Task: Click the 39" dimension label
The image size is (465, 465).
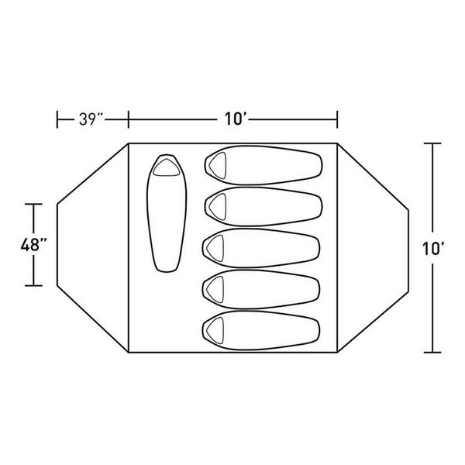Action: pyautogui.click(x=91, y=119)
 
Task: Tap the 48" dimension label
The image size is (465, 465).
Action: pyautogui.click(x=34, y=245)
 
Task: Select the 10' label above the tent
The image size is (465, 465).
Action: pyautogui.click(x=236, y=119)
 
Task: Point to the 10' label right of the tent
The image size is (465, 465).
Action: pyautogui.click(x=433, y=248)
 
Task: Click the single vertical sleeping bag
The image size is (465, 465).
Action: pyautogui.click(x=167, y=213)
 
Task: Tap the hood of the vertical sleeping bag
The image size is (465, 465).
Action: pyautogui.click(x=167, y=167)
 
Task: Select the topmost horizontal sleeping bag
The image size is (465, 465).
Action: pyautogui.click(x=263, y=165)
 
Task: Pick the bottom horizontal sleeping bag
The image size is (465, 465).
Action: pyautogui.click(x=261, y=330)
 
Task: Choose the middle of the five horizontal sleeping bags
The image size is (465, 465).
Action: pyautogui.click(x=261, y=248)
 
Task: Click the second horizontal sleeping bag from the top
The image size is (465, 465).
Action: pyautogui.click(x=263, y=206)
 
